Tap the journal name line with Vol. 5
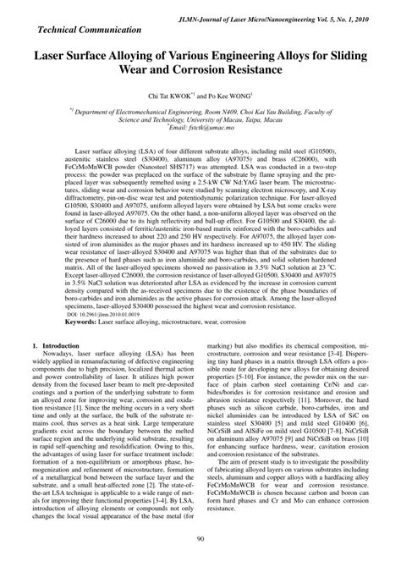pos(280,17)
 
